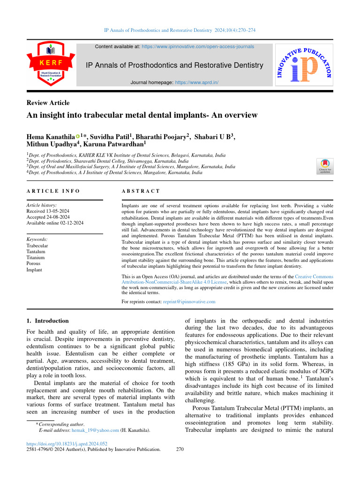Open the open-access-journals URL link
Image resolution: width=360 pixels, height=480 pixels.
[198, 47]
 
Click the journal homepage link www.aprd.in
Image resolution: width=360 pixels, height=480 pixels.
[196, 82]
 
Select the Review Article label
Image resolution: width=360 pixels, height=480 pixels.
[48, 103]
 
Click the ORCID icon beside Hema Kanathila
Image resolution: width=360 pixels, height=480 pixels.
[78, 136]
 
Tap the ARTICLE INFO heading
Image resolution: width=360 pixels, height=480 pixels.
[53, 191]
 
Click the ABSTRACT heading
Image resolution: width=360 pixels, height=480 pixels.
[141, 191]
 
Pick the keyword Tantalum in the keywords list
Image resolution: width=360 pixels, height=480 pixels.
[36, 252]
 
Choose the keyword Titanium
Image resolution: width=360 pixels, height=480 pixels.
[36, 258]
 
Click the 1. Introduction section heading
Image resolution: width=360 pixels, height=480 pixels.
[47, 321]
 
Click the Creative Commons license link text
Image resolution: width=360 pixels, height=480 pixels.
[225, 279]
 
